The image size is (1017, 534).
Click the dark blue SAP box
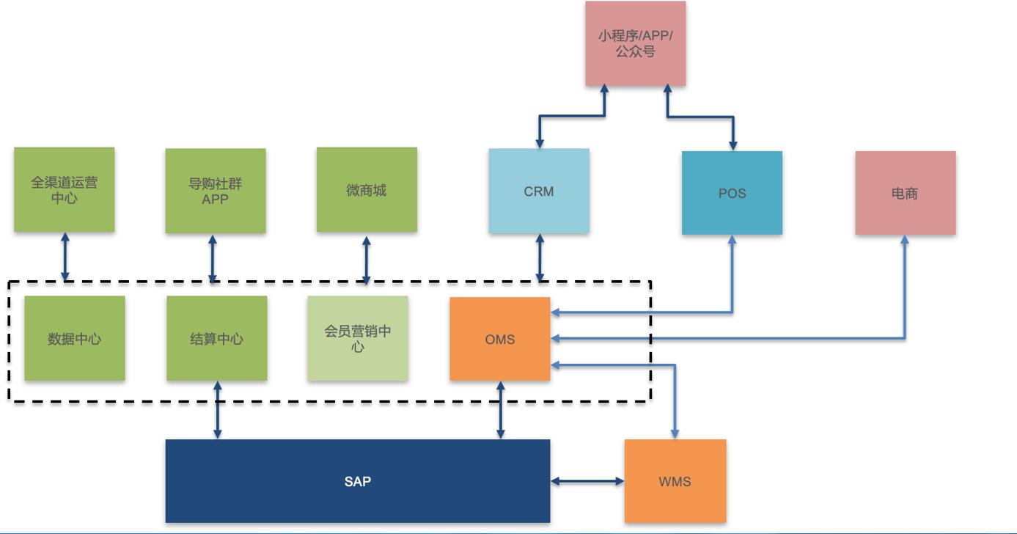(357, 481)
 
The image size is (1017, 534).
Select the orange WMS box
(675, 481)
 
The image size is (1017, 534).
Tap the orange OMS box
(499, 339)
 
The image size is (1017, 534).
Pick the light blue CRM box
(539, 191)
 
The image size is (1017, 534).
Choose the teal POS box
(732, 193)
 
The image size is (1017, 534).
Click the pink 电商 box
(905, 193)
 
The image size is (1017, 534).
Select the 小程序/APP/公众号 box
(635, 43)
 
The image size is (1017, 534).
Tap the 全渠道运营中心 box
(64, 190)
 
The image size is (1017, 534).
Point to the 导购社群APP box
(215, 191)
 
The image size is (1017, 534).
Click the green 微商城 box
(367, 190)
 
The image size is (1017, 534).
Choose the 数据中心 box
(74, 339)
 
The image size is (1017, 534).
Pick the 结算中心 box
(216, 339)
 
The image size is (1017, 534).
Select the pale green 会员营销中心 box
(357, 339)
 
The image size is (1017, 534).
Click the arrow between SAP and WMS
(587, 481)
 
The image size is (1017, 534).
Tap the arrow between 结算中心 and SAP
(217, 410)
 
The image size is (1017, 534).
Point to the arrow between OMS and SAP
(501, 410)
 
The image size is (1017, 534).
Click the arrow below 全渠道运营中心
(65, 257)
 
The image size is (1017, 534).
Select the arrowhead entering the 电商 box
(905, 241)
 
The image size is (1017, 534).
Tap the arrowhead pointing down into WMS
(675, 434)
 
